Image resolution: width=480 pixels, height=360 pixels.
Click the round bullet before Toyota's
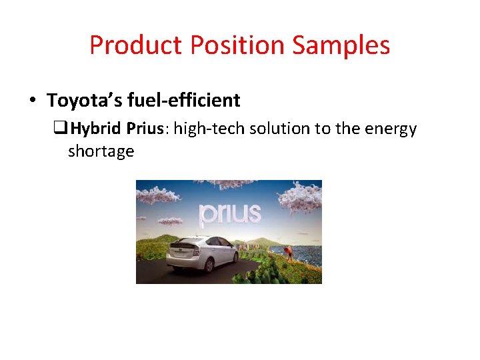tap(32, 101)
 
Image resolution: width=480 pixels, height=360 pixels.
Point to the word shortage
tap(101, 151)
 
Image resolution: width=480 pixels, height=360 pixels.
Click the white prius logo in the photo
tap(230, 213)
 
